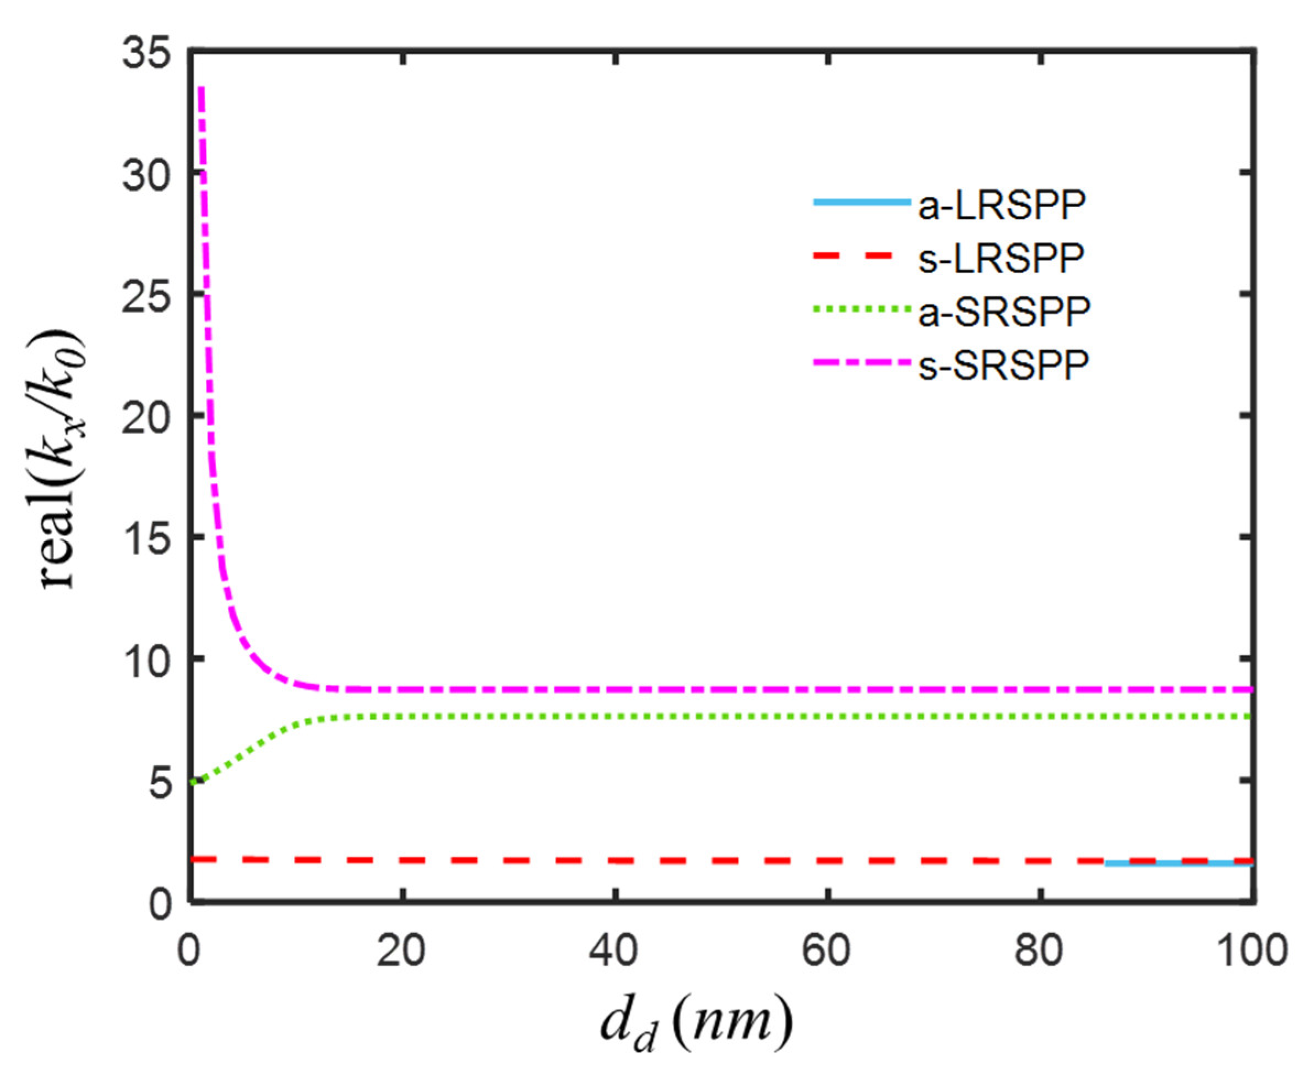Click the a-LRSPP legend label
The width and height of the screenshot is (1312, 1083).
[1002, 206]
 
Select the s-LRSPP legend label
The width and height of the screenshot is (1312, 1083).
[1001, 258]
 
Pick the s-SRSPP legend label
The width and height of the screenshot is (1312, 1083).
[1004, 365]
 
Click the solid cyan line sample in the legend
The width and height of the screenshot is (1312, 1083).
[861, 202]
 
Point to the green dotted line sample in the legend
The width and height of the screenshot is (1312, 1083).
[861, 308]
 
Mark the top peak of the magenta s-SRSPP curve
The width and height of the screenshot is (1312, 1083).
[201, 89]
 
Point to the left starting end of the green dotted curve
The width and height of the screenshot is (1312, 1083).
[195, 782]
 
